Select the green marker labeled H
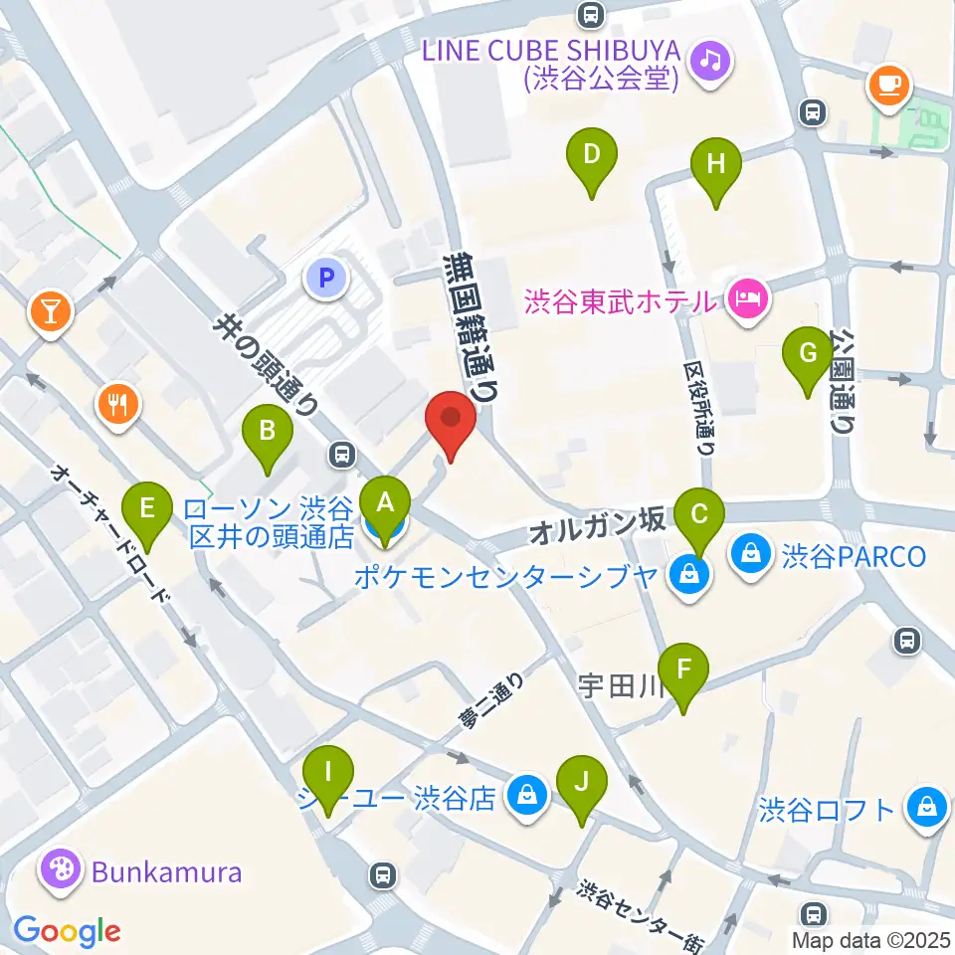[716, 165]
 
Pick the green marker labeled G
[809, 354]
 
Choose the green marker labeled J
[582, 782]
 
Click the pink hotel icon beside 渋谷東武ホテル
[746, 298]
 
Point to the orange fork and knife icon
[117, 404]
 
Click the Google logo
[67, 931]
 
